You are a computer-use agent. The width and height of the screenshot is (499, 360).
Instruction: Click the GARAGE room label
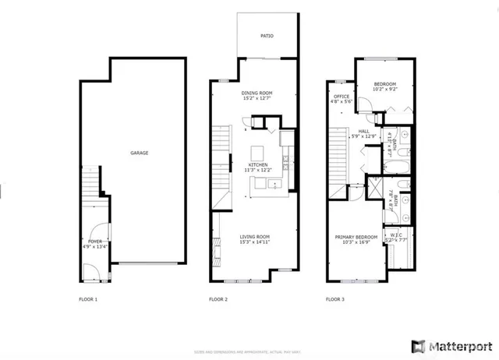coord(139,153)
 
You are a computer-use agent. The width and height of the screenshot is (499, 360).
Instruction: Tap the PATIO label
coord(267,36)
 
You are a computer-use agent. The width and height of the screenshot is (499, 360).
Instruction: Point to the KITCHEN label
coord(258,164)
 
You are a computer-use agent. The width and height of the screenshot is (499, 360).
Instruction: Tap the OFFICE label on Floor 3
coord(342,97)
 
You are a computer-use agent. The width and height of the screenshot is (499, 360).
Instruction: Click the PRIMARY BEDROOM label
coord(356,237)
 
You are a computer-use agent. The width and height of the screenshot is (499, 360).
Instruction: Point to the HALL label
coord(363,131)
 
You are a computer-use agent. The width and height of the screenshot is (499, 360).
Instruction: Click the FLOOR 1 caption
coord(89,299)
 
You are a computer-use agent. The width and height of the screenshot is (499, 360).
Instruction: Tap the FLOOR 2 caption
coord(218,299)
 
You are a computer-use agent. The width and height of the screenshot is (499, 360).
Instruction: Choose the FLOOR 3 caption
coord(335,299)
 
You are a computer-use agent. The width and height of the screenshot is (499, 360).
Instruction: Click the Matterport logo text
coord(458,344)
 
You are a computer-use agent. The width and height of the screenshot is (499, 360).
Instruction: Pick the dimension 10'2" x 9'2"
coord(384,90)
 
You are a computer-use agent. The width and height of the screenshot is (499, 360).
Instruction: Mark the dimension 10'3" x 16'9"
coord(356,242)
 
